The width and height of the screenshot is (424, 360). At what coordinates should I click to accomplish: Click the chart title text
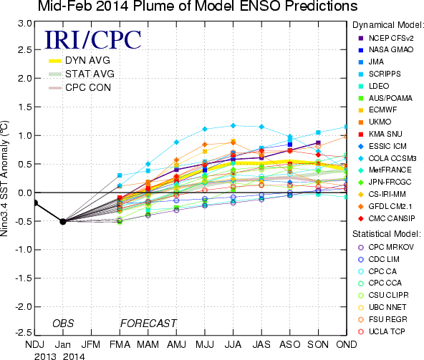[198, 6]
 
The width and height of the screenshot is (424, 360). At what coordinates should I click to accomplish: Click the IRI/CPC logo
[93, 40]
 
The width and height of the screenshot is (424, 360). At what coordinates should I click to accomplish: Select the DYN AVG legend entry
[79, 60]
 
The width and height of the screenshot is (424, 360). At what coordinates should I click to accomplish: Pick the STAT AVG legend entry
[82, 74]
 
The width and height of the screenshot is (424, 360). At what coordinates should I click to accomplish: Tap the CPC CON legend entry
[79, 87]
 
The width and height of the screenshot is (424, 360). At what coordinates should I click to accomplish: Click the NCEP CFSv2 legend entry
[386, 38]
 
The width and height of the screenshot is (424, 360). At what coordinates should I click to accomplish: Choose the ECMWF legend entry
[377, 110]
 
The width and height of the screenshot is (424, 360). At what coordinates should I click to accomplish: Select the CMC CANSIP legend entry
[387, 218]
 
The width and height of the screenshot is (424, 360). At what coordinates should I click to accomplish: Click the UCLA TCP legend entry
[382, 331]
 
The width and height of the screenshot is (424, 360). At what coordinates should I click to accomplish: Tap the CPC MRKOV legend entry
[386, 247]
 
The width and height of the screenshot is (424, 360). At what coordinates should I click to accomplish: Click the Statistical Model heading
[387, 234]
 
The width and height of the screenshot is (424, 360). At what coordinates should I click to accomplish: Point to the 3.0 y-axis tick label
[25, 23]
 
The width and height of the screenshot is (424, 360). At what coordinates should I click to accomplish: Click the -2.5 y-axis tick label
[23, 332]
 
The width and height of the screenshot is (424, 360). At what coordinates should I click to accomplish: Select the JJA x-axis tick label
[233, 344]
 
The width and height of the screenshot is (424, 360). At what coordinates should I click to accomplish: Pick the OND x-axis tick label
[347, 344]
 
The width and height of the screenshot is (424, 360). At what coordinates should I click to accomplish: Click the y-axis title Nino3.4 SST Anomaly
[4, 179]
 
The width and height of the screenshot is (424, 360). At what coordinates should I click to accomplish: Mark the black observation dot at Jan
[63, 221]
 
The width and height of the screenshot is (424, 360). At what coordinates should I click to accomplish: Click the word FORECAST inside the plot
[148, 323]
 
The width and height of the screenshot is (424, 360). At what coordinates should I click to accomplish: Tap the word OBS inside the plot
[63, 323]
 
